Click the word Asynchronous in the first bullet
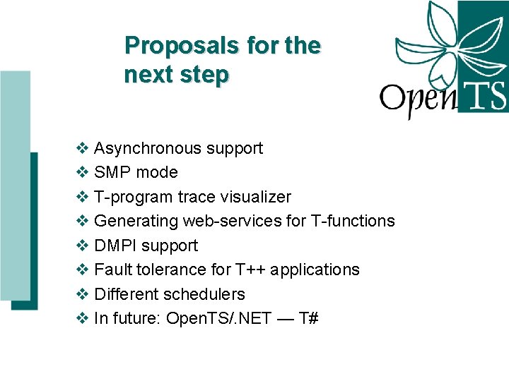tap(148, 148)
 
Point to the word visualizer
tap(256, 197)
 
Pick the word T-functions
tap(353, 221)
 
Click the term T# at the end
tap(309, 318)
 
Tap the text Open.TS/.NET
tap(218, 318)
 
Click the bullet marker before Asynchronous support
tap(82, 148)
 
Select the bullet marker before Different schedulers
tap(82, 294)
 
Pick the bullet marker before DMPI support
tap(82, 246)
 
